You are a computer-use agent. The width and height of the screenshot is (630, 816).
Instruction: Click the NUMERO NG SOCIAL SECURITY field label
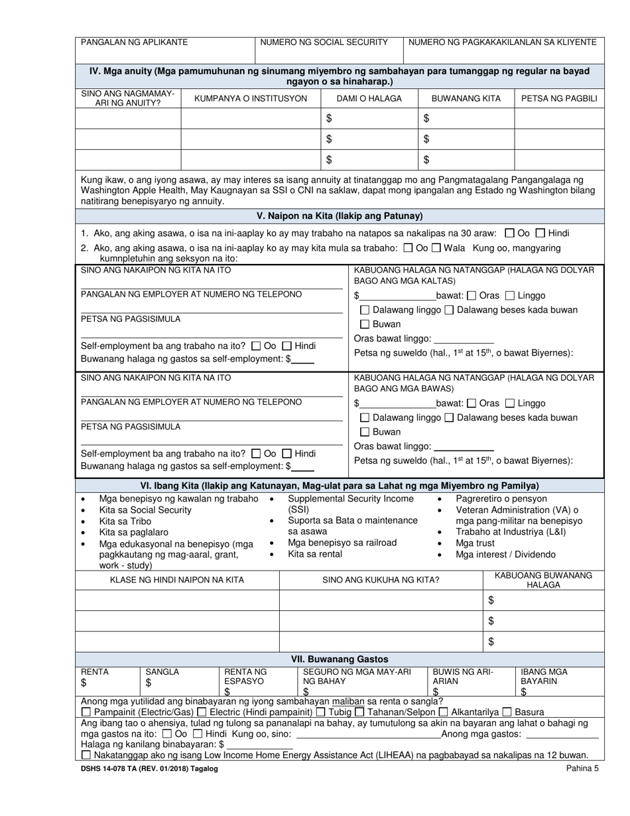coord(324,42)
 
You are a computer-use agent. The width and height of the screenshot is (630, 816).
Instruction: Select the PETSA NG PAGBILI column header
coord(559,99)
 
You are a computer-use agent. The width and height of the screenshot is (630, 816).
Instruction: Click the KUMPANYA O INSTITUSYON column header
coord(250,99)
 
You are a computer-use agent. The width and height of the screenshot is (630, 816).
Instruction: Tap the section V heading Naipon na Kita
coord(340,216)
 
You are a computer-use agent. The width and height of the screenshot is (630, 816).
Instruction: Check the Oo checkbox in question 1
coord(509,234)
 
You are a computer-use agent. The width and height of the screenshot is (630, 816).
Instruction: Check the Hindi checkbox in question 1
coord(540,234)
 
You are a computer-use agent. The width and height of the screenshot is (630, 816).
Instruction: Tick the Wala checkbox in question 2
coord(436,248)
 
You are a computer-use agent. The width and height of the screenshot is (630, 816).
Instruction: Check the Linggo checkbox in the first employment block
coord(510,296)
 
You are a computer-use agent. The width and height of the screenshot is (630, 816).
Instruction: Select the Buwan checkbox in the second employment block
coord(365,432)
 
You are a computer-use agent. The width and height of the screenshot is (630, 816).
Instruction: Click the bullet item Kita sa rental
coord(315,554)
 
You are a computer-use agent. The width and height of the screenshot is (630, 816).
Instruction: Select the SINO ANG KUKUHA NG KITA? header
coord(381,580)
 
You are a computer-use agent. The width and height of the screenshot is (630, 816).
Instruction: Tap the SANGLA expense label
coord(162,671)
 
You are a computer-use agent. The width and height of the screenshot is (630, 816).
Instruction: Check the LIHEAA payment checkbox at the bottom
coord(86,756)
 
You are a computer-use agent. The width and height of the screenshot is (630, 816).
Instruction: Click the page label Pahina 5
coord(582,769)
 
